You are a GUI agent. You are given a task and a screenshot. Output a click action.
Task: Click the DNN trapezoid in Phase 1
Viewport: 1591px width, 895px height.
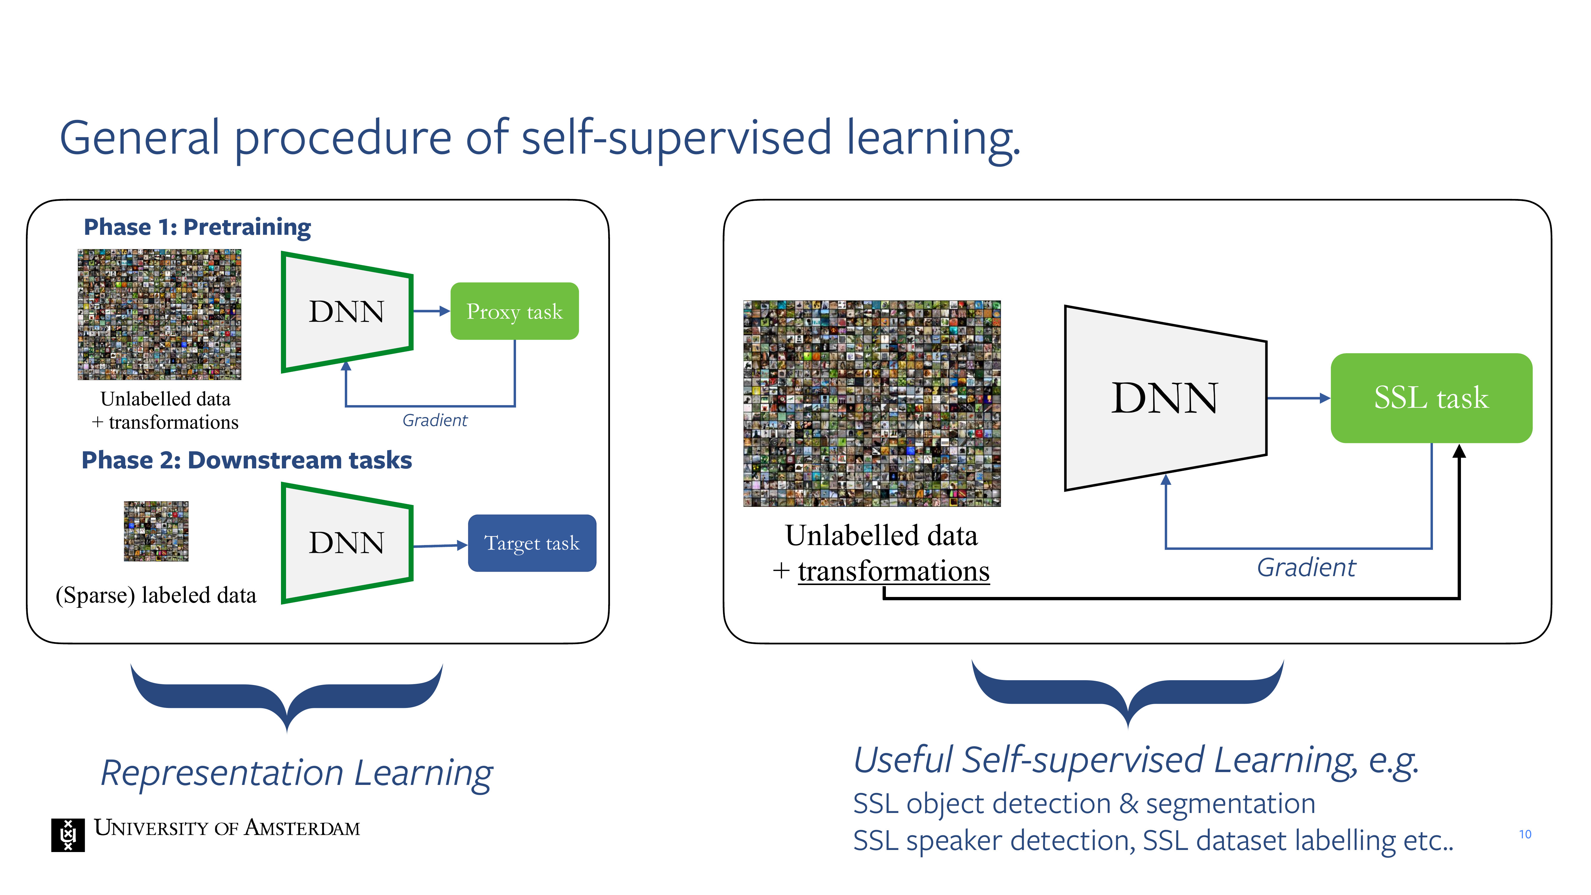click(x=347, y=312)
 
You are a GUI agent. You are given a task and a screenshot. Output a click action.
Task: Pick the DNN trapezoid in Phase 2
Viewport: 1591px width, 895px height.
click(x=347, y=543)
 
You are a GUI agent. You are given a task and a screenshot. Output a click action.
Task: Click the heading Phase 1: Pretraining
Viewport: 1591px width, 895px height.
click(x=197, y=227)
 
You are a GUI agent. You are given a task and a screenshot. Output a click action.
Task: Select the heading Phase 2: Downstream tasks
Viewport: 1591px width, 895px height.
click(x=246, y=460)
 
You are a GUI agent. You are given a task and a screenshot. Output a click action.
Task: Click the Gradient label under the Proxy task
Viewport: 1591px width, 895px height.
click(x=435, y=421)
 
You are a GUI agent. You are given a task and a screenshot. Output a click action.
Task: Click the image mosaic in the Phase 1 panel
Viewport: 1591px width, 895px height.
click(x=159, y=314)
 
